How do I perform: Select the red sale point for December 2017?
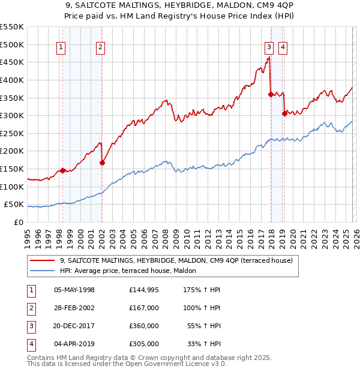click(271, 94)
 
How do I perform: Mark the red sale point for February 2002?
click(102, 163)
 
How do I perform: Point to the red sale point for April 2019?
click(284, 113)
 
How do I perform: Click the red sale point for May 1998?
click(62, 170)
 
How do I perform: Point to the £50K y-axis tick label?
click(14, 205)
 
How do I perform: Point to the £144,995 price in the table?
click(144, 289)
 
